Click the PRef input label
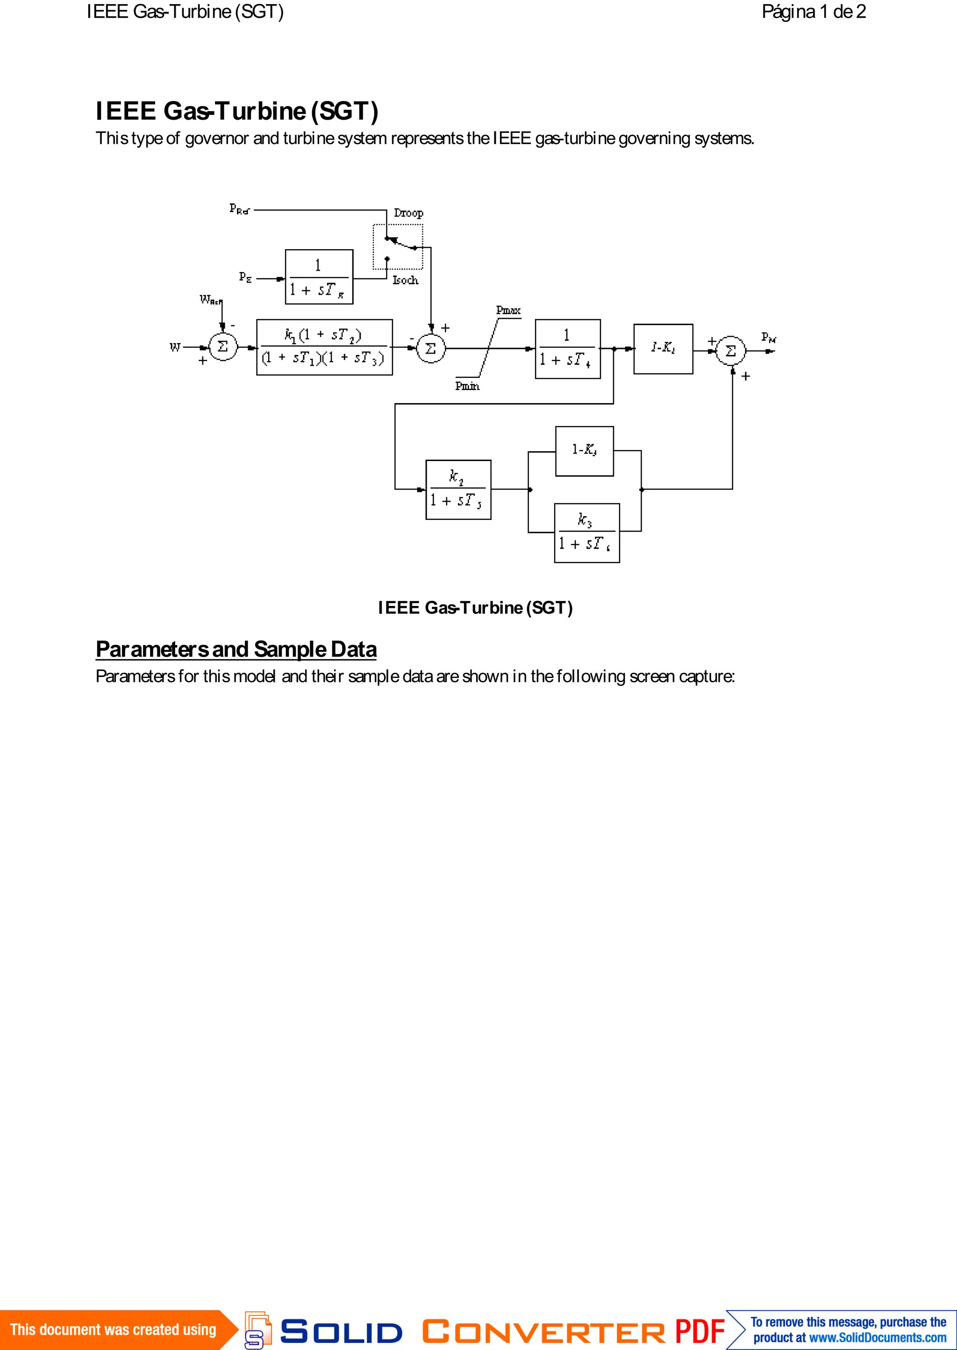tap(239, 209)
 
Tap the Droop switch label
tap(408, 213)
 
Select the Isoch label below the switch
tap(406, 280)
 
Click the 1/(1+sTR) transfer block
tap(319, 277)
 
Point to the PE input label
tap(245, 277)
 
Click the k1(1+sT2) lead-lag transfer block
tap(324, 347)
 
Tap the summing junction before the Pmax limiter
tap(431, 348)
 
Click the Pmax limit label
tap(508, 310)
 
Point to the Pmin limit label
tap(467, 386)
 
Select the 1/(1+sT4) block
tap(567, 349)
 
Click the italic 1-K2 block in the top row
tap(663, 349)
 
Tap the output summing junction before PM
tap(731, 351)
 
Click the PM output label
tap(768, 337)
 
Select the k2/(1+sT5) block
tap(458, 489)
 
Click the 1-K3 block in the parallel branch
tap(584, 451)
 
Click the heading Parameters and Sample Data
tap(236, 649)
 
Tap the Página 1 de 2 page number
tap(813, 12)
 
